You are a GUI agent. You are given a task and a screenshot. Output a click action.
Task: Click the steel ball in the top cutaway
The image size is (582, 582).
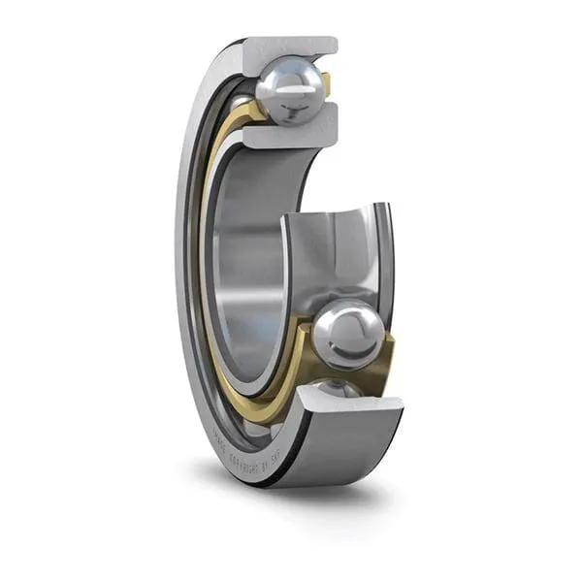point(288,90)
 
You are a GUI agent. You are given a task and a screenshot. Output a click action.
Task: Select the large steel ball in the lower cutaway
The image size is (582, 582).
point(346,335)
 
